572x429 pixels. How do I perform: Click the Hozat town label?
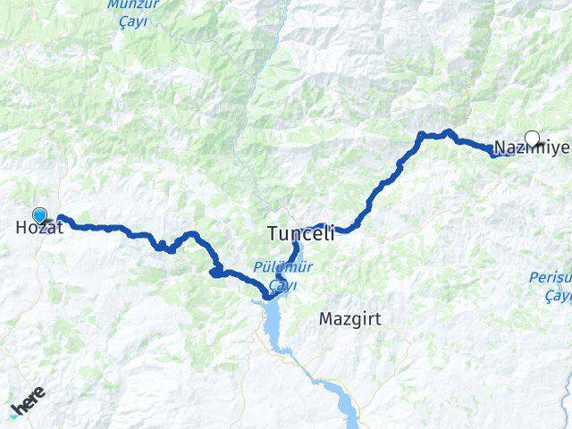click(39, 228)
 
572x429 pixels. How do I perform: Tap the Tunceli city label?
click(300, 234)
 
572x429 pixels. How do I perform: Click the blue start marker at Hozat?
click(39, 214)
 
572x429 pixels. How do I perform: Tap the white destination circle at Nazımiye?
click(533, 138)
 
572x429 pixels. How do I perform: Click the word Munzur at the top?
click(134, 4)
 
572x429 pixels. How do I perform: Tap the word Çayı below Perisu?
click(561, 295)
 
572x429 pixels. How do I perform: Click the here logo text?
click(29, 403)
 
